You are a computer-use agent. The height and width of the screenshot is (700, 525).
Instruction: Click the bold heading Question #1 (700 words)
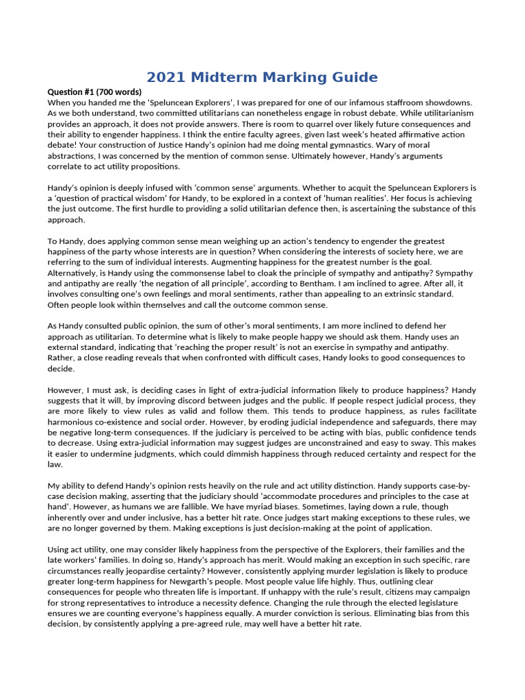coord(94,92)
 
